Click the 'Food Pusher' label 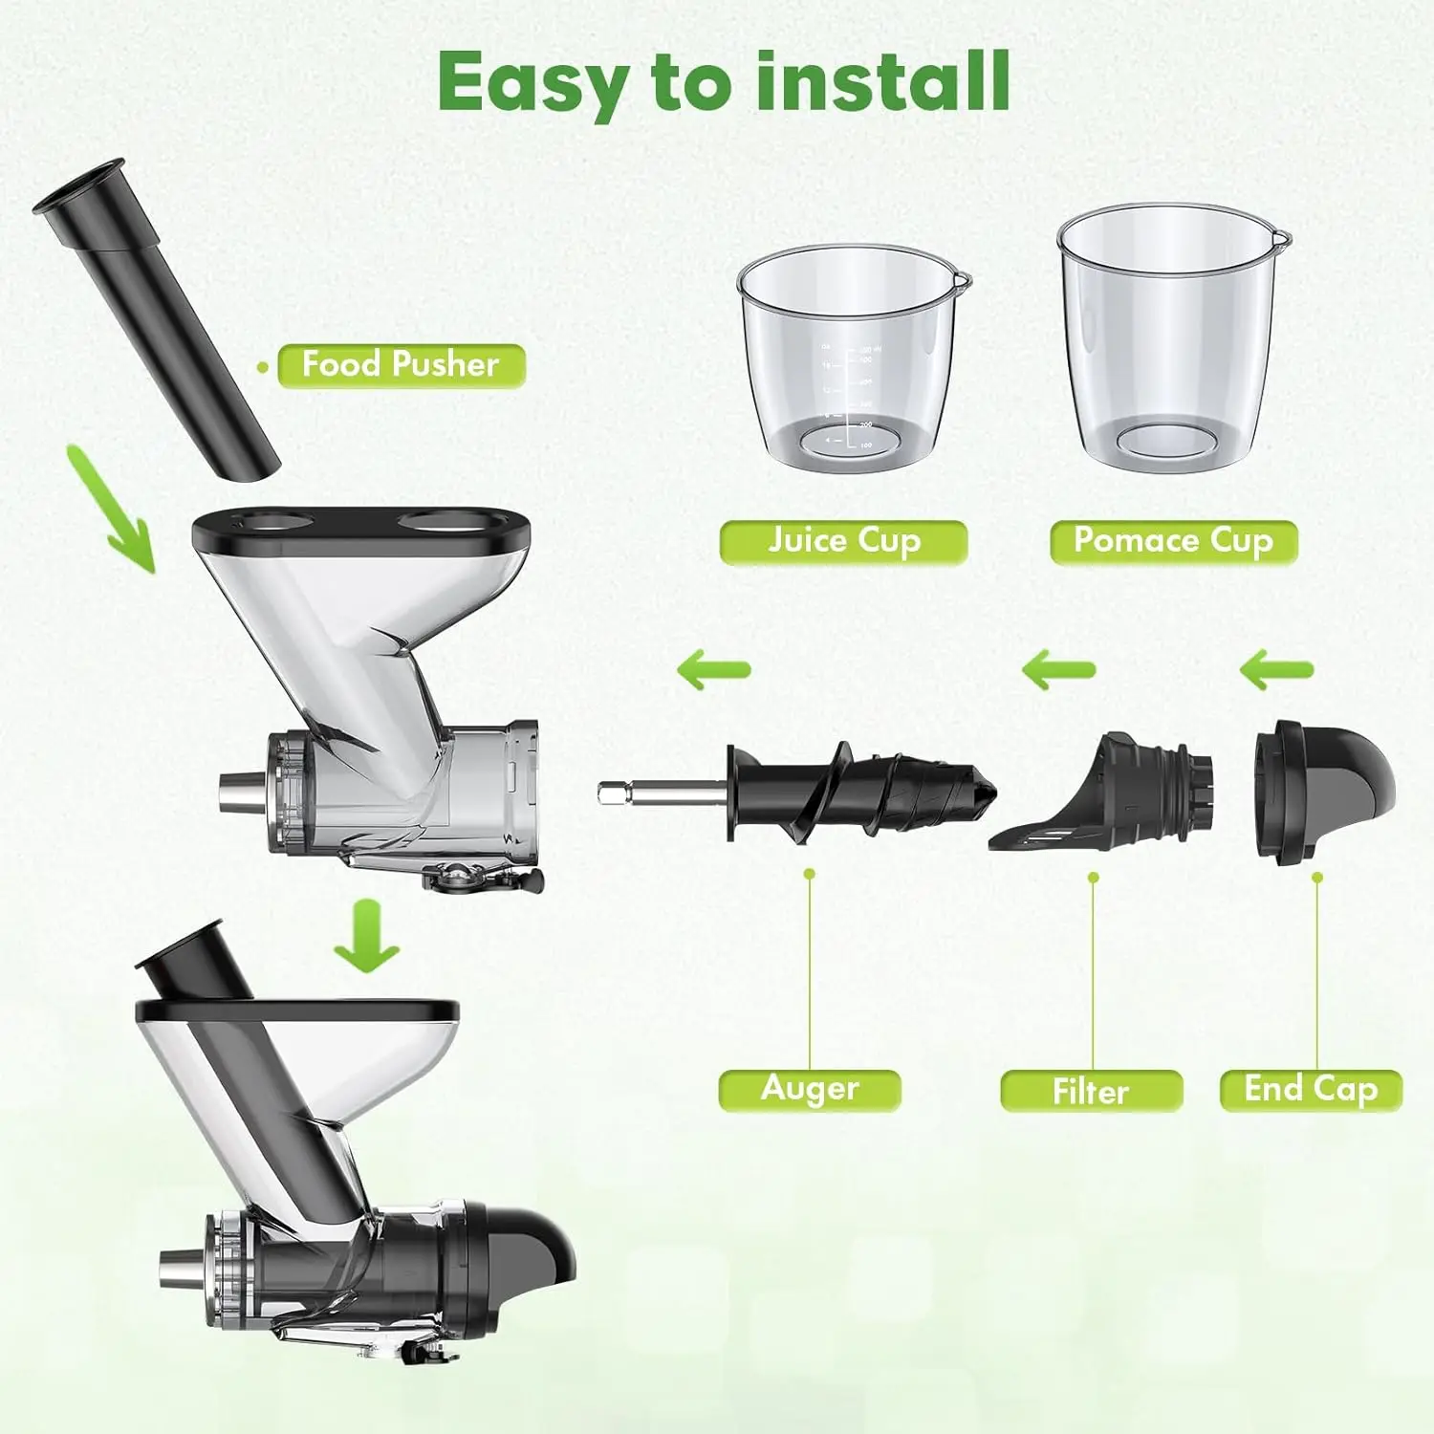tap(401, 365)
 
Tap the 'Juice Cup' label tap(843, 541)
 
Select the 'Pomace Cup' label tap(1173, 541)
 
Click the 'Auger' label tap(810, 1089)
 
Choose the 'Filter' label tap(1091, 1091)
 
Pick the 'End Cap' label tap(1310, 1090)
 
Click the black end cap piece tap(1324, 789)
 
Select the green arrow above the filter tap(1058, 669)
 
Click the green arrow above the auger tap(713, 669)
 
